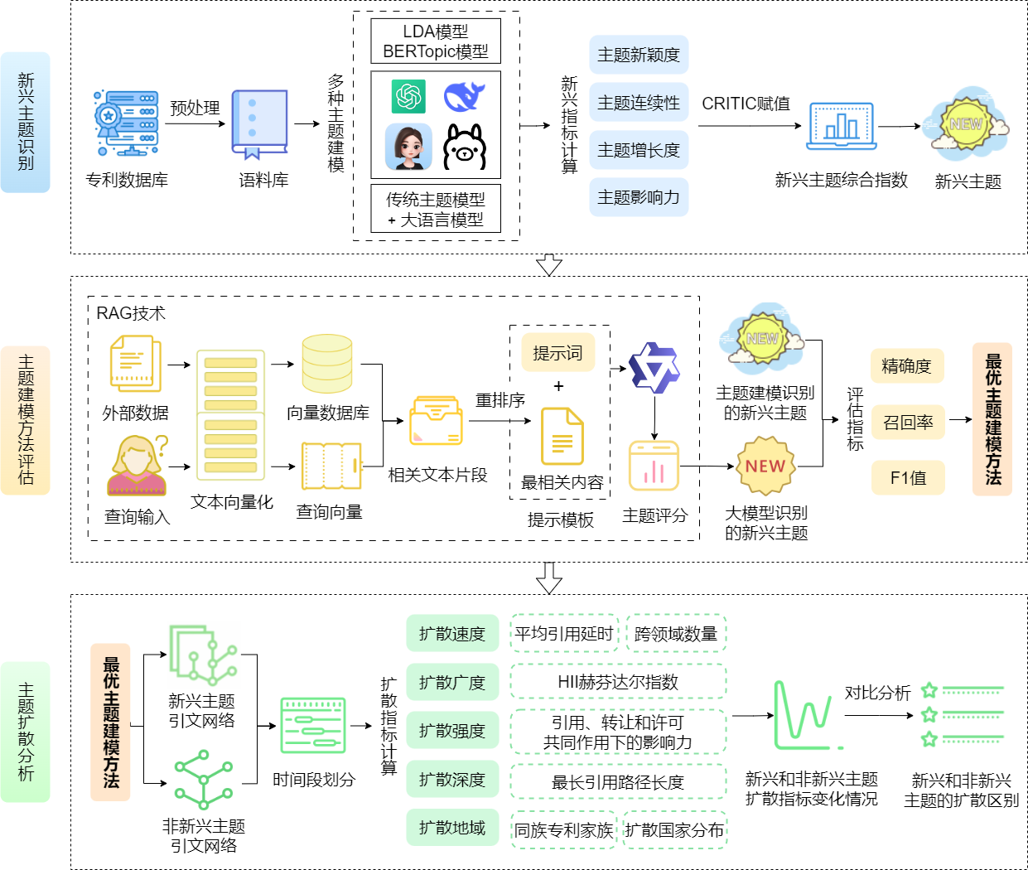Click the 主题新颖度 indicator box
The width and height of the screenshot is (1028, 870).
point(639,55)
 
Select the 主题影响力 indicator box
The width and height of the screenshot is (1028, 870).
point(639,197)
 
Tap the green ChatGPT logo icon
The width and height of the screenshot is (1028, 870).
point(408,96)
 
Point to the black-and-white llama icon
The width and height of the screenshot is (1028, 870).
point(465,147)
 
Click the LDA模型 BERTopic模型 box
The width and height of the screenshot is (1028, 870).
point(436,41)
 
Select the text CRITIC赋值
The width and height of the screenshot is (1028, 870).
point(746,104)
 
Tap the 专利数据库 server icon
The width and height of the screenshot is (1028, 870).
point(127,123)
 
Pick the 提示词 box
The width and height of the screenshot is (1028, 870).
point(557,354)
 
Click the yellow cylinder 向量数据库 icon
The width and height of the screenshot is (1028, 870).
point(327,364)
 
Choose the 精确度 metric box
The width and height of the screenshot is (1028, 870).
point(907,366)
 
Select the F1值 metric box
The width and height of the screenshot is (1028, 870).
point(907,478)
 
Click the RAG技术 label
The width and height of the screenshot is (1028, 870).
point(131,313)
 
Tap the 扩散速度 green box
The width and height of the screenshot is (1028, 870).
point(452,634)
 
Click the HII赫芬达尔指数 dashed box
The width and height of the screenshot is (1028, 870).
point(618,682)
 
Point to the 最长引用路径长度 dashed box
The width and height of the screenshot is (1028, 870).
point(618,782)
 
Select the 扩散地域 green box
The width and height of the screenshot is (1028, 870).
point(452,828)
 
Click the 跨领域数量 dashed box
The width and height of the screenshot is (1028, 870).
point(676,634)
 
